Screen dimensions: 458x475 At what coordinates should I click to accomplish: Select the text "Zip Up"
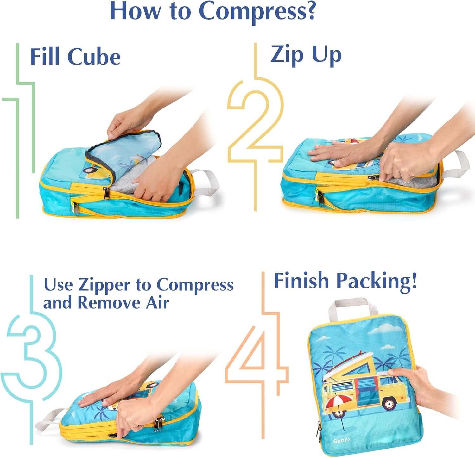[x=306, y=55]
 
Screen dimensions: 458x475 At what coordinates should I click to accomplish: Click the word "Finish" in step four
[x=301, y=281]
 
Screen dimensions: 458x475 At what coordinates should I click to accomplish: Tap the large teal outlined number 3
[x=32, y=357]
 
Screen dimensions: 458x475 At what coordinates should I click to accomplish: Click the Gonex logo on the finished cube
[x=342, y=440]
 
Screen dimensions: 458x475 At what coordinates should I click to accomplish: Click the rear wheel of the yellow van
[x=389, y=404]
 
